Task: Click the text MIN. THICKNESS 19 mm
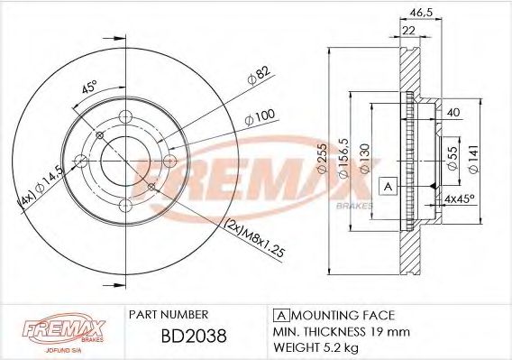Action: [x=335, y=331]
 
